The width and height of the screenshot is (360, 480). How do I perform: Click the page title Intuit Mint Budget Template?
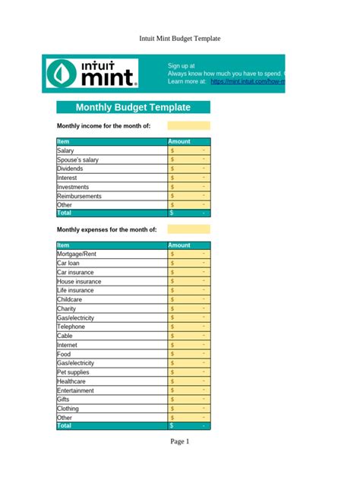point(179,38)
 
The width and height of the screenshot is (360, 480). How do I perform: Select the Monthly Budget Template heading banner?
point(133,107)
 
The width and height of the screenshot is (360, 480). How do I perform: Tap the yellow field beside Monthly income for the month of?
point(188,125)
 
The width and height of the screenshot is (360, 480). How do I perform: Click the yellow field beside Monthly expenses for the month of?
point(188,229)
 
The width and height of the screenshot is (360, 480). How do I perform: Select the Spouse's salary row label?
point(77,160)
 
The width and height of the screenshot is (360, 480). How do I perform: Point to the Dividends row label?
point(71,169)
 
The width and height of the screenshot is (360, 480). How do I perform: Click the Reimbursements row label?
point(79,196)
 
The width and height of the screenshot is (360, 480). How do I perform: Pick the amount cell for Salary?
point(188,151)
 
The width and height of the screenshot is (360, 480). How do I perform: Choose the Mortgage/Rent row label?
point(77,254)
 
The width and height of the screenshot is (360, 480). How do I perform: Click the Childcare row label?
point(71,299)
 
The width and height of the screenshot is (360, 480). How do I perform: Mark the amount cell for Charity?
point(188,308)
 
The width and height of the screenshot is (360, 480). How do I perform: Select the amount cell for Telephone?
point(188,327)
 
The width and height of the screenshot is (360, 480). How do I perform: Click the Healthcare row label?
point(73,381)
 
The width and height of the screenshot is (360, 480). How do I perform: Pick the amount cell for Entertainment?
point(188,390)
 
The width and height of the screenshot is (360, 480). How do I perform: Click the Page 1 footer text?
point(179,441)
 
